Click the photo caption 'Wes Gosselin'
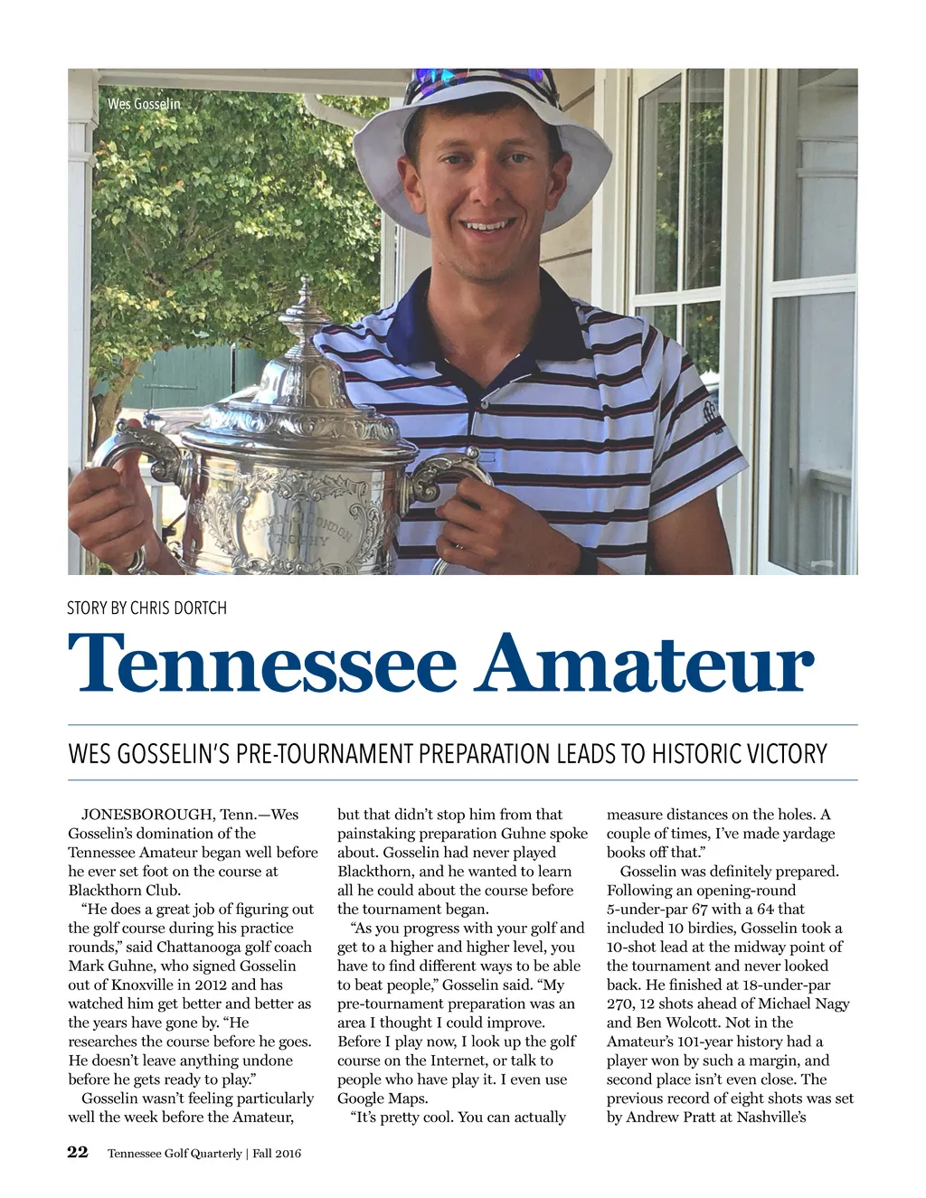click(x=144, y=104)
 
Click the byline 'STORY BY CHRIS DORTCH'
click(x=146, y=608)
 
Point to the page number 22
click(x=78, y=1152)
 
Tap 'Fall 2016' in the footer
click(x=277, y=1154)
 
